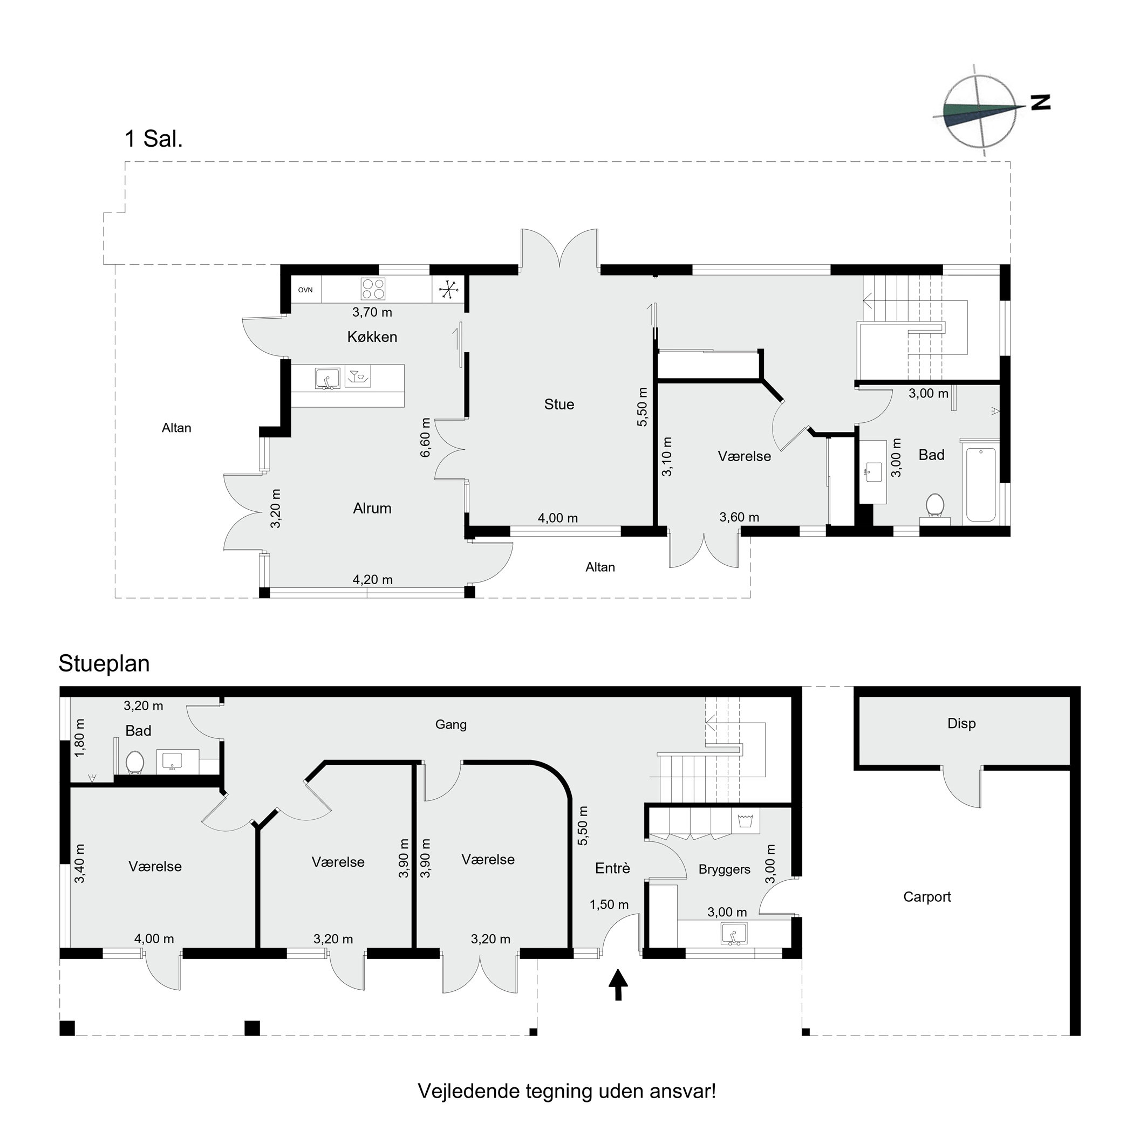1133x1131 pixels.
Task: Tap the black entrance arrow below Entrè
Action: pyautogui.click(x=618, y=984)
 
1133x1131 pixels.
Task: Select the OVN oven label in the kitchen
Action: pyautogui.click(x=305, y=290)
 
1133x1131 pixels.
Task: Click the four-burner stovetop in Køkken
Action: pyautogui.click(x=373, y=289)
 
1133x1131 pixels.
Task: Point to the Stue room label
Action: pyautogui.click(x=559, y=404)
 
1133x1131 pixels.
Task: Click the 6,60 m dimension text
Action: pyautogui.click(x=425, y=437)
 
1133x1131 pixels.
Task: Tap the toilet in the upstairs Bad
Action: pyautogui.click(x=934, y=506)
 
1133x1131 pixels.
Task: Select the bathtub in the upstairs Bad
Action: pyautogui.click(x=980, y=485)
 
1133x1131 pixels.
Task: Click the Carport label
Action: pyautogui.click(x=926, y=896)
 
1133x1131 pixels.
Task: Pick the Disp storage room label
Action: pyautogui.click(x=961, y=723)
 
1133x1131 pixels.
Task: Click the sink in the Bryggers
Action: pyautogui.click(x=734, y=934)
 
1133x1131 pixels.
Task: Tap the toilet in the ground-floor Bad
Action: pyautogui.click(x=135, y=762)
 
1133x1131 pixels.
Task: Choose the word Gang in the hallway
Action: pyautogui.click(x=451, y=725)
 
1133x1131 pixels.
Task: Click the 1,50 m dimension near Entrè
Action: pyautogui.click(x=609, y=904)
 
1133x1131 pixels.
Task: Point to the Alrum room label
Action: pyautogui.click(x=372, y=509)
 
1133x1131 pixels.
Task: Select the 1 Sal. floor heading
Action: pyautogui.click(x=154, y=139)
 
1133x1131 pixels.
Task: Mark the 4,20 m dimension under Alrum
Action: pyautogui.click(x=372, y=579)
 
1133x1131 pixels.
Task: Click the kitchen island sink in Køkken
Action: pyautogui.click(x=327, y=378)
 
